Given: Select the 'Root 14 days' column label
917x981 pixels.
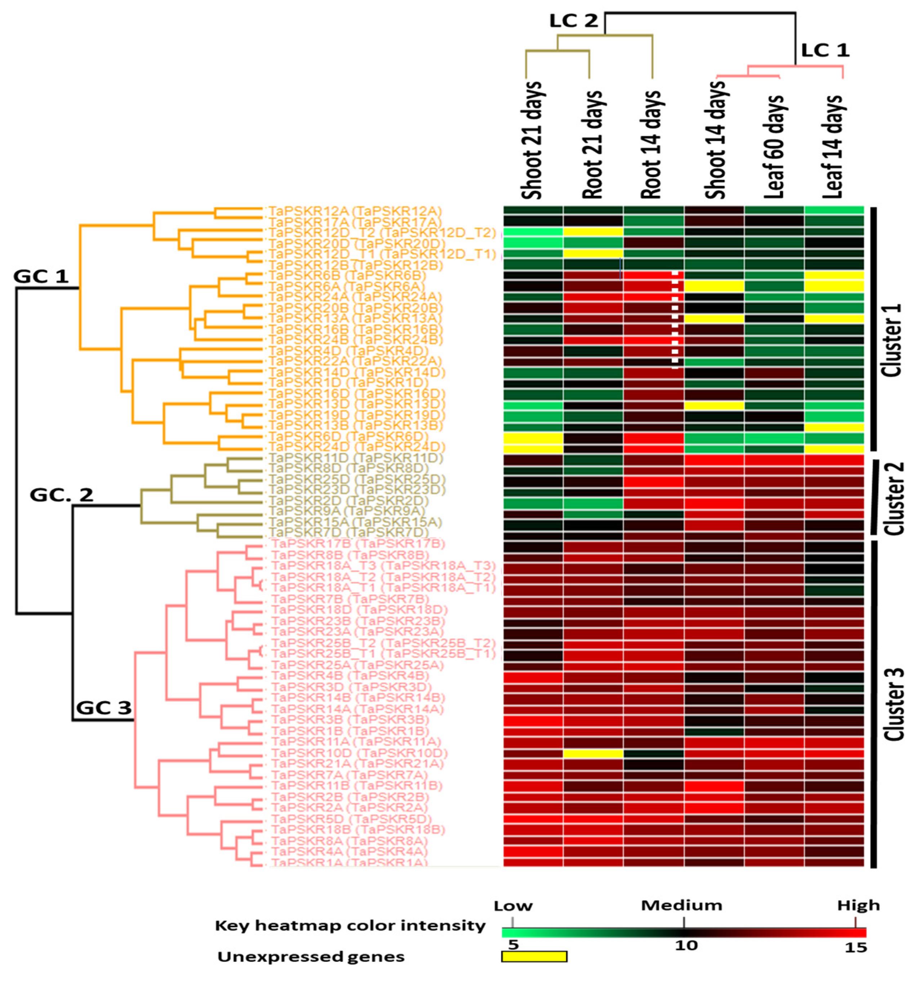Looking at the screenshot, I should [652, 143].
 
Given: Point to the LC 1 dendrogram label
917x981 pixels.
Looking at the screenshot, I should [825, 50].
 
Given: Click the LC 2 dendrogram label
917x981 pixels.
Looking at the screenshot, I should [573, 21].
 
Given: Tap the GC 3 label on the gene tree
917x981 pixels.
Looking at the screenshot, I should [103, 708].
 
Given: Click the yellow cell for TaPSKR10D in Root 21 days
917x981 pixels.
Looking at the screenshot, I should [593, 753].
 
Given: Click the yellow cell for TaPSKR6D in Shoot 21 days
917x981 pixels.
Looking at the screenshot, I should [533, 438].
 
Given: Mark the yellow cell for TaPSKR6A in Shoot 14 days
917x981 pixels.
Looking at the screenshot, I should [714, 286].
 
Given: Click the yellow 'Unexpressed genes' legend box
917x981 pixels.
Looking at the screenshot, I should [534, 956].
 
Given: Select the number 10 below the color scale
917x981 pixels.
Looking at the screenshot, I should [685, 945].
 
